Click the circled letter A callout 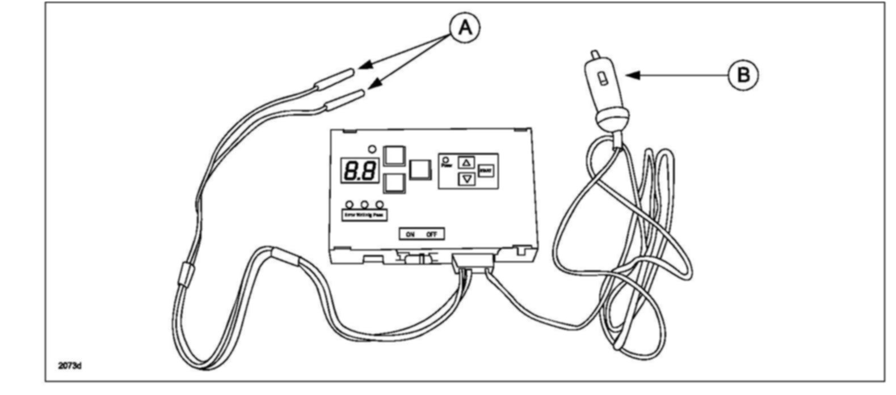[x=464, y=27]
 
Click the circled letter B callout [x=743, y=75]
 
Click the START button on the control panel [x=485, y=170]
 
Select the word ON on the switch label [x=410, y=234]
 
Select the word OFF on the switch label [x=431, y=234]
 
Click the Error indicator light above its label [x=350, y=204]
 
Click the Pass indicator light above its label [x=380, y=204]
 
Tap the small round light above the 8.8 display [x=372, y=149]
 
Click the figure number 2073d [x=70, y=366]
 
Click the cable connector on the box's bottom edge [x=473, y=261]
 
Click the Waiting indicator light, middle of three [x=365, y=204]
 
